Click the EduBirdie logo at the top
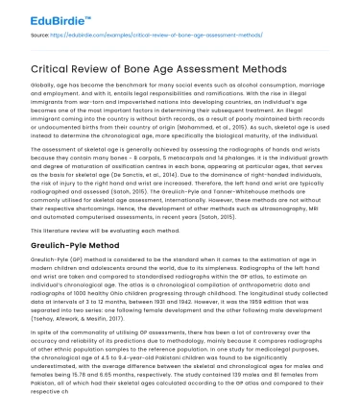pyautogui.click(x=44, y=15)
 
